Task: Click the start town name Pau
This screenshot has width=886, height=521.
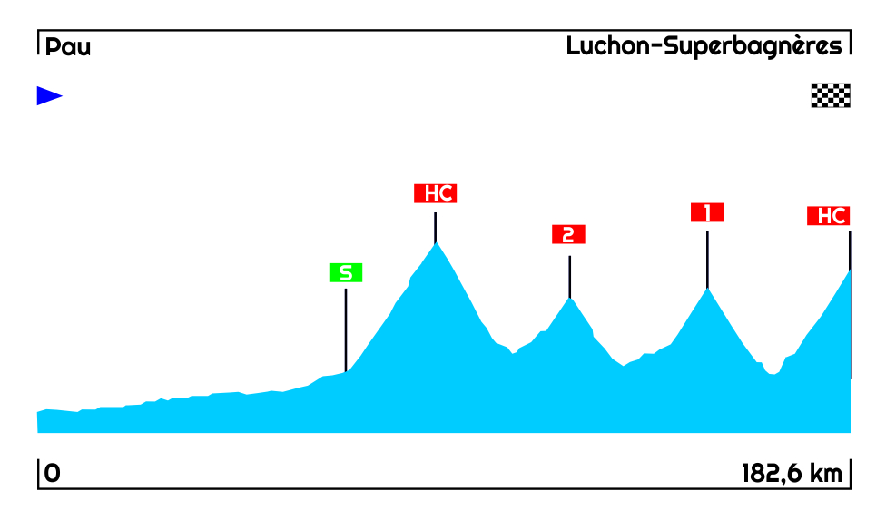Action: point(68,47)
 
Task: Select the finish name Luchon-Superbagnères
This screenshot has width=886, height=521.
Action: point(704,46)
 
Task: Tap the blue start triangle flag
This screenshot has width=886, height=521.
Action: point(49,95)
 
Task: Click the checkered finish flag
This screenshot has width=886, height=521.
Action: point(830,95)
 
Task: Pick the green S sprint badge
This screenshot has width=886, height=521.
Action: point(346,272)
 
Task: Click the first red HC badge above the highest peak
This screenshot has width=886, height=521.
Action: point(435,193)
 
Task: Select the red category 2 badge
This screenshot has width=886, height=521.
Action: point(568,235)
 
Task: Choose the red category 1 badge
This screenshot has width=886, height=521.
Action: point(707,212)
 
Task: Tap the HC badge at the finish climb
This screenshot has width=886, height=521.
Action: point(828,216)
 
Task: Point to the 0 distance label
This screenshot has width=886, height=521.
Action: point(53,474)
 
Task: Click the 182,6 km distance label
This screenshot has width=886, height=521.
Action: point(792,474)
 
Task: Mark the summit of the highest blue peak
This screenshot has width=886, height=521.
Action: point(436,243)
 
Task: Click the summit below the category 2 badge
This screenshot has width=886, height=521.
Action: point(569,298)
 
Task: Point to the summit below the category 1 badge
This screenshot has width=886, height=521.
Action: point(707,289)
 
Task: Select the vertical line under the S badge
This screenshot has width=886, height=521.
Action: point(346,327)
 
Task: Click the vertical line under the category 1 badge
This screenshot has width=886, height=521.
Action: point(707,259)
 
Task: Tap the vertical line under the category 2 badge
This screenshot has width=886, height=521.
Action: point(569,277)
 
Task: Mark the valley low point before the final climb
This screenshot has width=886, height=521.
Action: point(773,374)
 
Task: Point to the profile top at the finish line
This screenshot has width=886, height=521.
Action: point(850,270)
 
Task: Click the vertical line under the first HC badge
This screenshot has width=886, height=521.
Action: point(436,227)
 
